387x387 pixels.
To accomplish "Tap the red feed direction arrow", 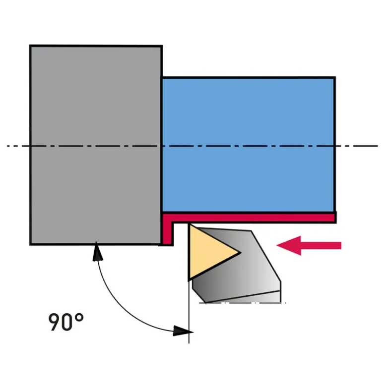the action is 309,245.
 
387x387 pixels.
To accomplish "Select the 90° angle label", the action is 66,322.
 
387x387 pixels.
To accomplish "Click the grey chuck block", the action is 96,145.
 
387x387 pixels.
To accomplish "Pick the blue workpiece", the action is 249,145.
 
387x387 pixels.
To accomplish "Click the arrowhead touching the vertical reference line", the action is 183,331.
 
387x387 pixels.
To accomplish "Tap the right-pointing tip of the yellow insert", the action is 240,252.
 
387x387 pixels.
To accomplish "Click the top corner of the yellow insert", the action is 190,224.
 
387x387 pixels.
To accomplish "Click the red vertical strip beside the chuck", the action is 167,231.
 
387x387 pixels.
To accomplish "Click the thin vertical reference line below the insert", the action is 189,312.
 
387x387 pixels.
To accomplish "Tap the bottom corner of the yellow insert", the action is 189,280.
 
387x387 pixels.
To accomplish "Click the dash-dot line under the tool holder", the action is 243,303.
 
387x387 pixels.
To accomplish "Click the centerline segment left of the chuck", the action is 18,146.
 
